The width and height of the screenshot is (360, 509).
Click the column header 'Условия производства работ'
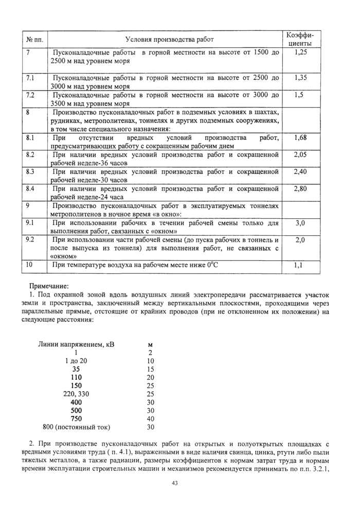point(169,40)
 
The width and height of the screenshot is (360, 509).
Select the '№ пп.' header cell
point(35,40)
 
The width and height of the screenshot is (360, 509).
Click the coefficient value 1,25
point(301,52)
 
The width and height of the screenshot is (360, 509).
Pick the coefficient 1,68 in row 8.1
point(301,138)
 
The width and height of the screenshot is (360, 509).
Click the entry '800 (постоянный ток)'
point(76,427)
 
